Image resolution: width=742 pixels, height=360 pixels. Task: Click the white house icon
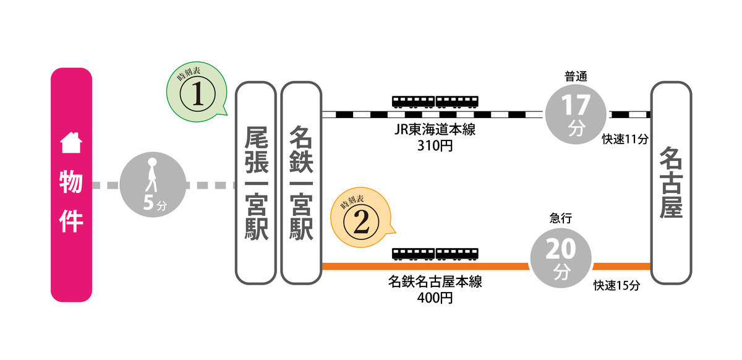(70, 144)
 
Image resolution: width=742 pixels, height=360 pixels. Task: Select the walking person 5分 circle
(152, 184)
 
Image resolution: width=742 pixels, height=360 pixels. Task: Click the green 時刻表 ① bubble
(194, 94)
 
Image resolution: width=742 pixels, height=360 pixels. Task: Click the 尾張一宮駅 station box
(255, 183)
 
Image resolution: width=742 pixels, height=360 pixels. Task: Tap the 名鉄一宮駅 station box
(301, 183)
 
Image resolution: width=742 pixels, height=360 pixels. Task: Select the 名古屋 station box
(671, 183)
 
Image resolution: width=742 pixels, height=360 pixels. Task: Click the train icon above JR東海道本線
(435, 101)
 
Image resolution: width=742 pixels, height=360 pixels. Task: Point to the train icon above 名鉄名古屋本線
(435, 254)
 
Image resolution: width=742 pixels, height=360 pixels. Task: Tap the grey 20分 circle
(561, 258)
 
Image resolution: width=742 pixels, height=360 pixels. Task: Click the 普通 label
(575, 76)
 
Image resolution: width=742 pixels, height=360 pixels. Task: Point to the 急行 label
(561, 218)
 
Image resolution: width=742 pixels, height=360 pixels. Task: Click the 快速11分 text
(625, 139)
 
